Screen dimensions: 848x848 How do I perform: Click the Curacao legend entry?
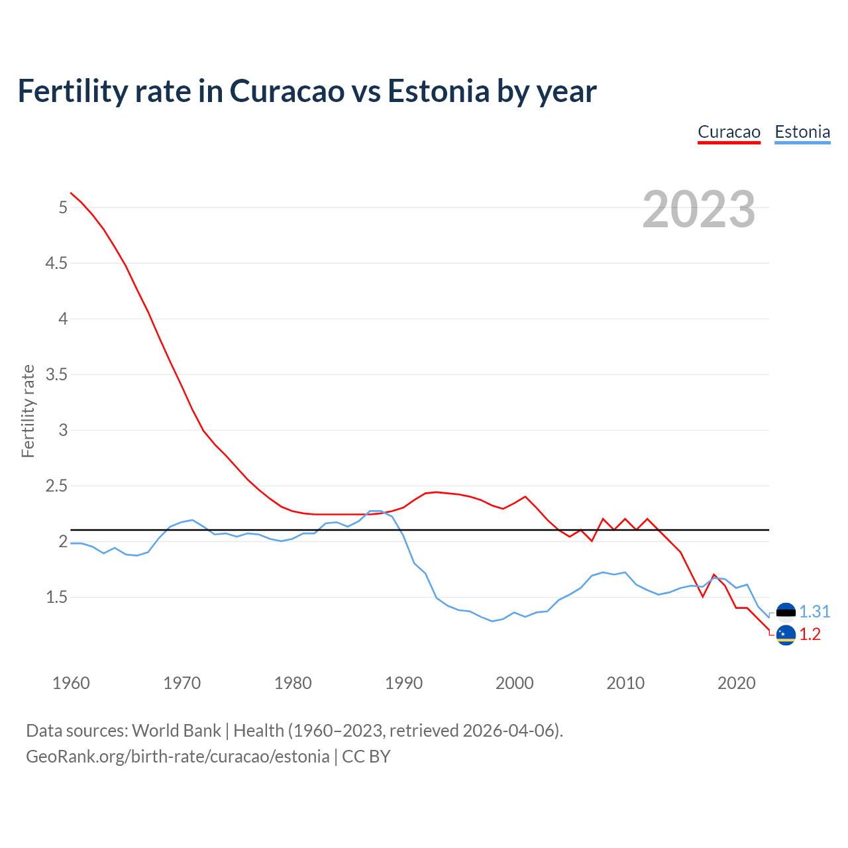[729, 132]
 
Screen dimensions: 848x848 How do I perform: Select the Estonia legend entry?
[802, 132]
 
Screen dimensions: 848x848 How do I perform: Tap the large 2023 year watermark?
[699, 209]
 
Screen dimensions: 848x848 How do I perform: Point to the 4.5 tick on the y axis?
[56, 264]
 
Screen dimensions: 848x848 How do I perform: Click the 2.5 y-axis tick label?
[56, 486]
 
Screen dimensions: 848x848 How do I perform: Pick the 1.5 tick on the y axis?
[56, 598]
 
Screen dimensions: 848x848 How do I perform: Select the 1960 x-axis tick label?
[71, 683]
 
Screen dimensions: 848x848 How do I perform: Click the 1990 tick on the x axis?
[403, 683]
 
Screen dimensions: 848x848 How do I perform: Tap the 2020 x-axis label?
[736, 683]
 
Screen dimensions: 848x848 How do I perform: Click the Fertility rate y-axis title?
[28, 411]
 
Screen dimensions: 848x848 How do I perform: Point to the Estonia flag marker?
[786, 612]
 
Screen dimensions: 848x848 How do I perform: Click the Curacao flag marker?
[786, 635]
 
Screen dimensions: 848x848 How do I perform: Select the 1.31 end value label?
[814, 612]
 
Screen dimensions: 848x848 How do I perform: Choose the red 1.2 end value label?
[810, 635]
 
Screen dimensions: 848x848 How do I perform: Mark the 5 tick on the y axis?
[63, 208]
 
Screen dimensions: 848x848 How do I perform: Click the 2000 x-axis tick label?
[514, 683]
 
